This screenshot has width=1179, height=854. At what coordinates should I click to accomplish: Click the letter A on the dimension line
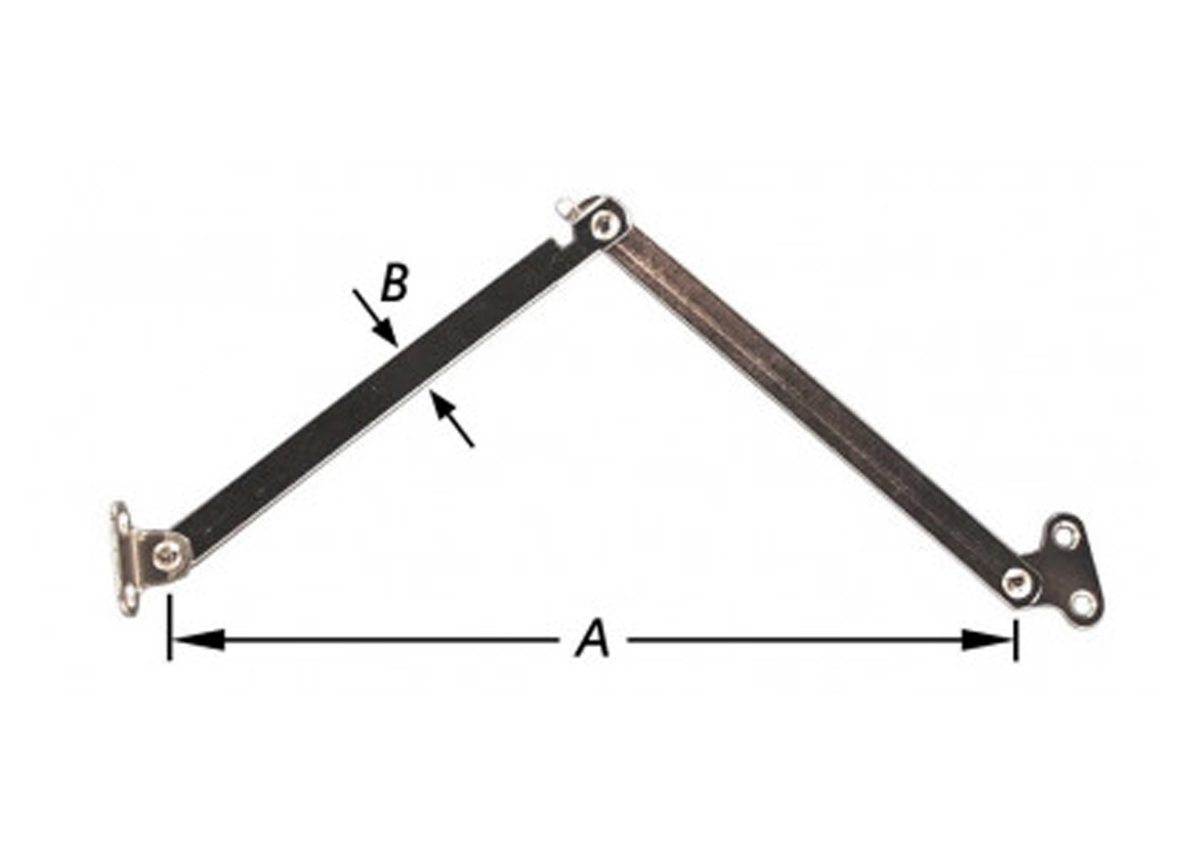[593, 640]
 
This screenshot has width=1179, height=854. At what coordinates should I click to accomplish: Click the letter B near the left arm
[395, 283]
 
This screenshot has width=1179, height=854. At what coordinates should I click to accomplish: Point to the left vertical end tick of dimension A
[170, 628]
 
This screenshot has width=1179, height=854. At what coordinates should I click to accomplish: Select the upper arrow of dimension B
[375, 317]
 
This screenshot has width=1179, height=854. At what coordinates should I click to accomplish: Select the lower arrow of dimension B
[453, 423]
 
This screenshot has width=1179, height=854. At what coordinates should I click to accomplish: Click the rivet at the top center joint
[603, 225]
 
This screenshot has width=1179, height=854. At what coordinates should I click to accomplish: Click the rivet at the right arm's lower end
[1017, 582]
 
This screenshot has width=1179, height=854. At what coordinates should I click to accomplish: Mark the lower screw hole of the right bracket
[1082, 604]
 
